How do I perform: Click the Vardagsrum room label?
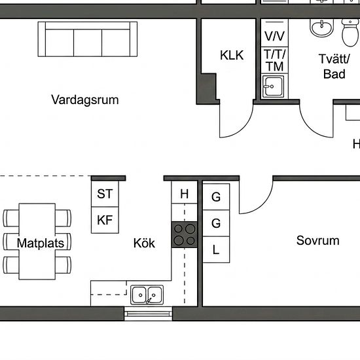click(85, 100)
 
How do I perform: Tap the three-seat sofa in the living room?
click(88, 39)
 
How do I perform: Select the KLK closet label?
click(232, 56)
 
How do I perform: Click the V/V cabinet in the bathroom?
click(275, 33)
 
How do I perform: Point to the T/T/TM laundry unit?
click(275, 60)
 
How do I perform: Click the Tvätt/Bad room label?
click(334, 67)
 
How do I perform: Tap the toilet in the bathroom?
click(350, 33)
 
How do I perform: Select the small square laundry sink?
click(273, 86)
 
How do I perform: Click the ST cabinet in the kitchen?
click(105, 194)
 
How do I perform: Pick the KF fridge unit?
click(105, 220)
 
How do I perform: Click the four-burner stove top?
click(185, 234)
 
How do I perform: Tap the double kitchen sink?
click(147, 295)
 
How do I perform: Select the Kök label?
click(144, 243)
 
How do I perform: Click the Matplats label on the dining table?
click(41, 243)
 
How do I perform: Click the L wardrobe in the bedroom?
click(216, 249)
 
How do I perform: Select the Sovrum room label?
click(317, 241)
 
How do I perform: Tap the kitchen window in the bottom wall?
click(148, 314)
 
